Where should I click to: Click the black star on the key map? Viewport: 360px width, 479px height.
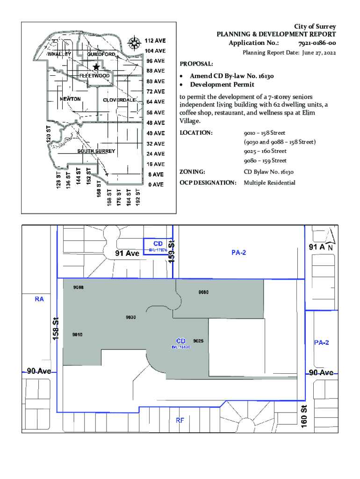[96, 67]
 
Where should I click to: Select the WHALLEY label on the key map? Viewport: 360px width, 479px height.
[59, 54]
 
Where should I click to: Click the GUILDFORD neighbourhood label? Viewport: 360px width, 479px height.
[101, 54]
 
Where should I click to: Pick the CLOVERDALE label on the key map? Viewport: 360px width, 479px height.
[119, 100]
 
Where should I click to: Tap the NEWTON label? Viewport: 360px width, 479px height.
[71, 99]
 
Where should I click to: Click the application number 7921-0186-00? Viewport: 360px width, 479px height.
[316, 44]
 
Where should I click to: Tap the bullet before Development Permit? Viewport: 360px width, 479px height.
[182, 85]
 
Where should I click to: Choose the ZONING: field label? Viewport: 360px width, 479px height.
[193, 172]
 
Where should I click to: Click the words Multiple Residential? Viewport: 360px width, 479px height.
[269, 182]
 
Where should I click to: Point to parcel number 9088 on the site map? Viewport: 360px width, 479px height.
[78, 287]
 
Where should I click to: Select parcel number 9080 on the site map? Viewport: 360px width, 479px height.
[203, 292]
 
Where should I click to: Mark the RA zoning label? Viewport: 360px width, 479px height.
[39, 299]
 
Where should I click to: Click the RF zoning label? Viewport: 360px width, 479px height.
[180, 420]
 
